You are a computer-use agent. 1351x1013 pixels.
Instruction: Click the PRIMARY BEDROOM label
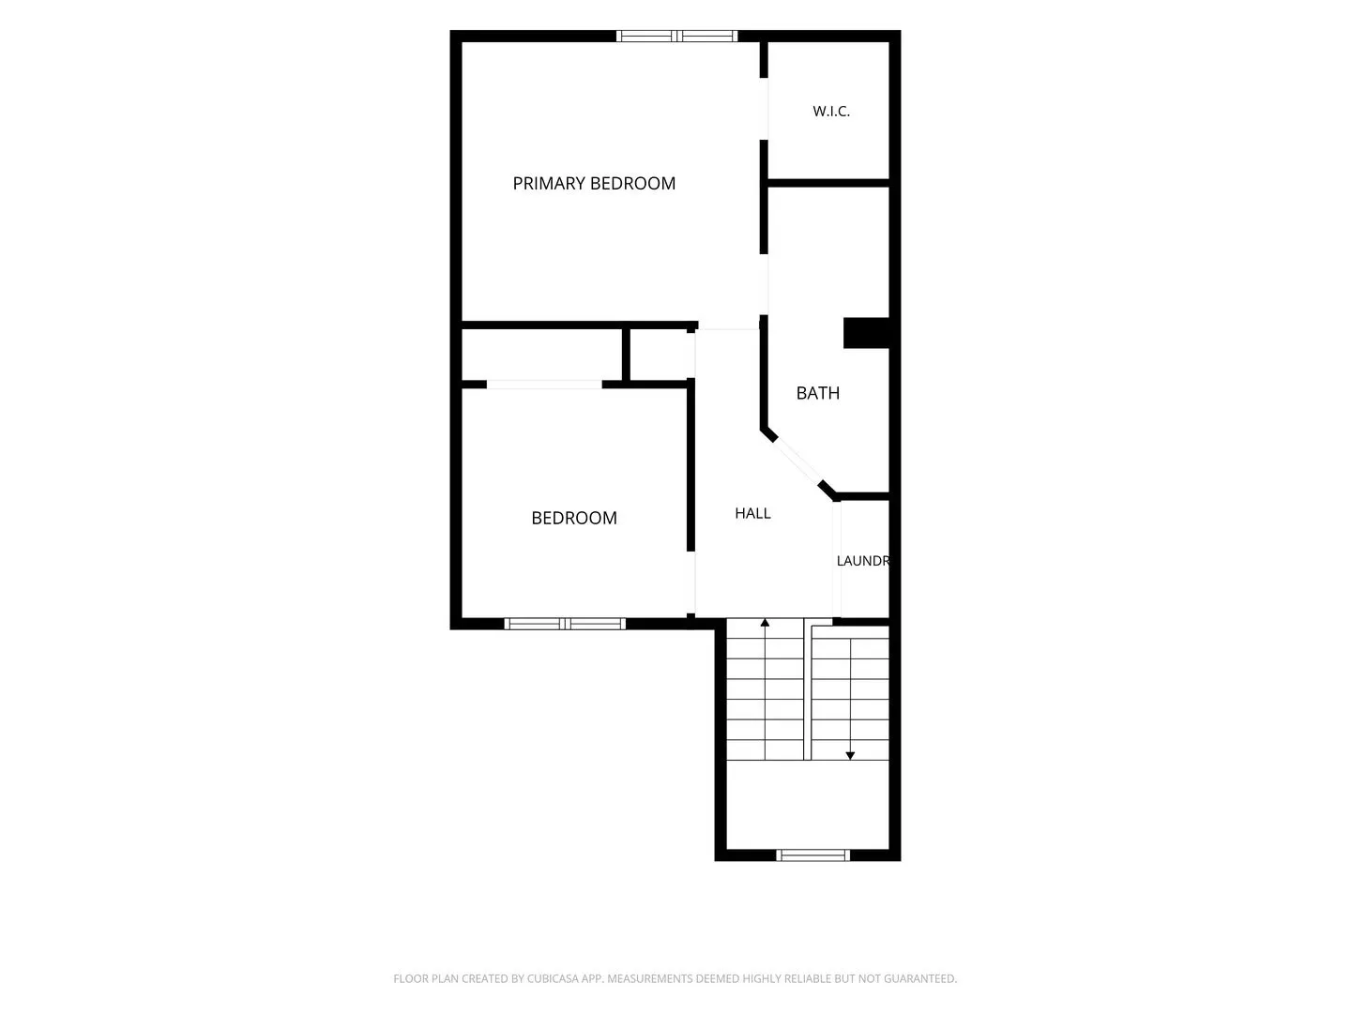pos(593,183)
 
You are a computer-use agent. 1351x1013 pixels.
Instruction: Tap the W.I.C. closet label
pos(831,112)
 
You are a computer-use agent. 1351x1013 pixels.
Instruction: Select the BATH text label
pos(817,393)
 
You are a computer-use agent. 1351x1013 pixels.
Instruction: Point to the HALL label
pos(752,514)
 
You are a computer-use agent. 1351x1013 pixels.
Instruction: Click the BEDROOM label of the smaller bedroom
pos(573,518)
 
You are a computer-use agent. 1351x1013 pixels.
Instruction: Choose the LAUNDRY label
pos(862,561)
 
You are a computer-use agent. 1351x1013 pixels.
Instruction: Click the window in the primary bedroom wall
pos(676,36)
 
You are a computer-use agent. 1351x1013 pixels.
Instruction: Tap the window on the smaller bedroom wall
pos(565,624)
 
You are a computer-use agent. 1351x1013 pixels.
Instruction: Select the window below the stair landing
pos(812,854)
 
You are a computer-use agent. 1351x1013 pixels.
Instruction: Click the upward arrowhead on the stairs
pos(765,623)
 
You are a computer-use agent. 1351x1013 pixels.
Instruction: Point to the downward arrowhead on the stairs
pos(850,756)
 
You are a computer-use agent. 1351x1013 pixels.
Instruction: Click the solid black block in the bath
pos(866,333)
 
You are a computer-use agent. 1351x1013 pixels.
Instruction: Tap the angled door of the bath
pos(797,461)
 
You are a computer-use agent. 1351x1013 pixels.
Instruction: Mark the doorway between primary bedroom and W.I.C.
pos(763,109)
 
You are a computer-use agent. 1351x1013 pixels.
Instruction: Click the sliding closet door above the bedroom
pos(544,385)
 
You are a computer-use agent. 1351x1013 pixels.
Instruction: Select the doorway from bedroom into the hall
pos(691,582)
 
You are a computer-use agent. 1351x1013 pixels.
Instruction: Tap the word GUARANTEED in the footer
pos(919,978)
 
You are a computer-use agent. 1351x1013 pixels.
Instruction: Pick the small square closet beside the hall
pos(658,355)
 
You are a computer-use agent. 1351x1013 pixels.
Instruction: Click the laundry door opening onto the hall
pos(837,559)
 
